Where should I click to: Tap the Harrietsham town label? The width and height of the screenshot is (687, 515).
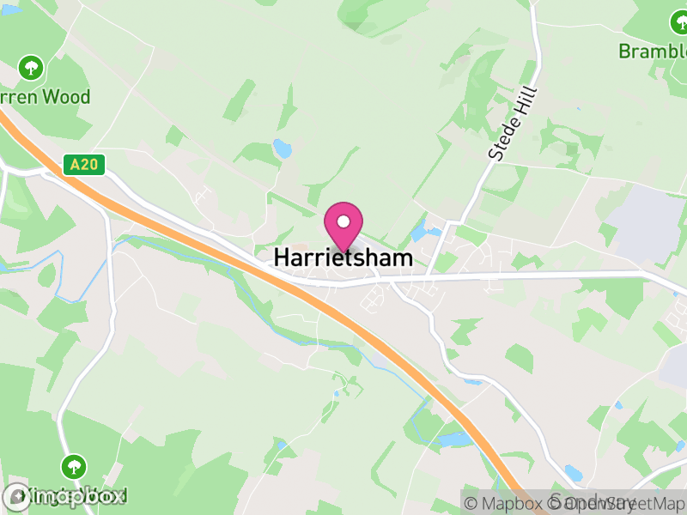[343, 257]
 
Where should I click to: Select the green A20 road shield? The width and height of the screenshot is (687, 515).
[83, 164]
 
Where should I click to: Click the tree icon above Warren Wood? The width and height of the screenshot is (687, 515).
[32, 67]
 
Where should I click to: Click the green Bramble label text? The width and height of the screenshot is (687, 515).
[653, 51]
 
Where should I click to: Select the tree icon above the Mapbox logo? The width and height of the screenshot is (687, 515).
[74, 468]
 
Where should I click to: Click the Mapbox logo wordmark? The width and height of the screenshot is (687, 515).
[77, 496]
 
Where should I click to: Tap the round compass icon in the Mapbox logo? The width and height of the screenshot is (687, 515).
[16, 496]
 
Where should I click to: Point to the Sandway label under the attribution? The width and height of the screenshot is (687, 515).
[593, 502]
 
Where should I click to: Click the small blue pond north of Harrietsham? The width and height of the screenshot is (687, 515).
[282, 148]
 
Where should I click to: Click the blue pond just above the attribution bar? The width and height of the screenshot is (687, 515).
[573, 473]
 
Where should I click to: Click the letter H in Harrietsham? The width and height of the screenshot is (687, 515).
[282, 257]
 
